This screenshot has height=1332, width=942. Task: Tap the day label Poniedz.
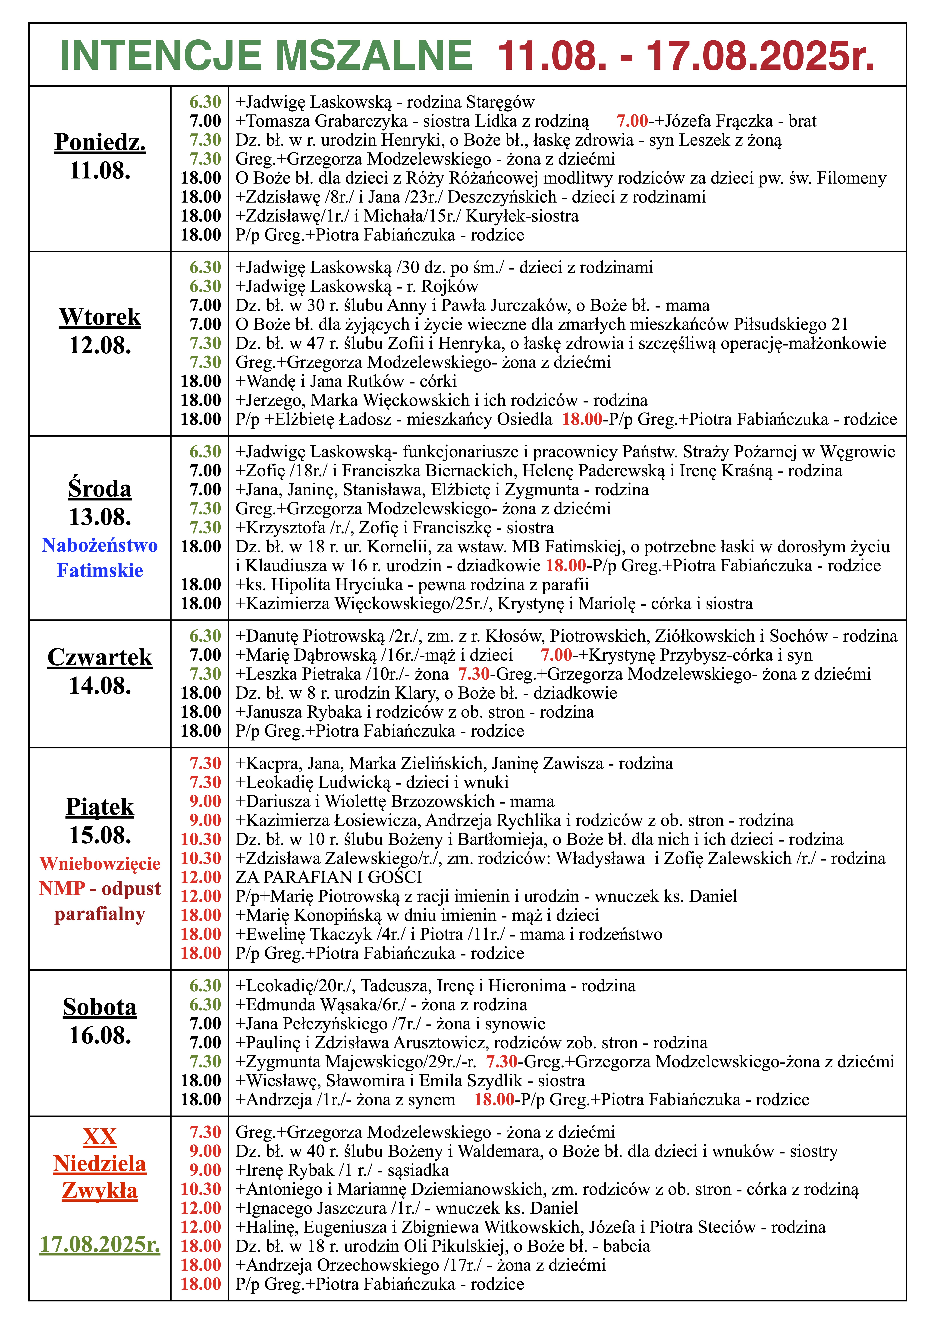pos(100,142)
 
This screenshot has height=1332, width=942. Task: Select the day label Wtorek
pos(100,317)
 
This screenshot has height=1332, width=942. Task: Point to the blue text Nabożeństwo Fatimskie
pos(100,557)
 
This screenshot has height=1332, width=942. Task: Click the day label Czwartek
pos(100,657)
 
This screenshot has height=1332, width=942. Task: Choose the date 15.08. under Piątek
pos(100,835)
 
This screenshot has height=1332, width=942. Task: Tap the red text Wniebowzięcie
pos(100,863)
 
